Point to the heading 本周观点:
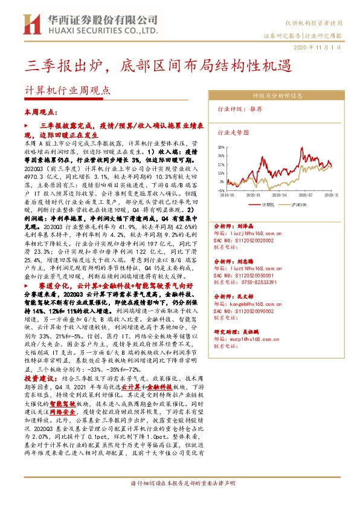(39, 112)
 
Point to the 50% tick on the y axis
(222, 146)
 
